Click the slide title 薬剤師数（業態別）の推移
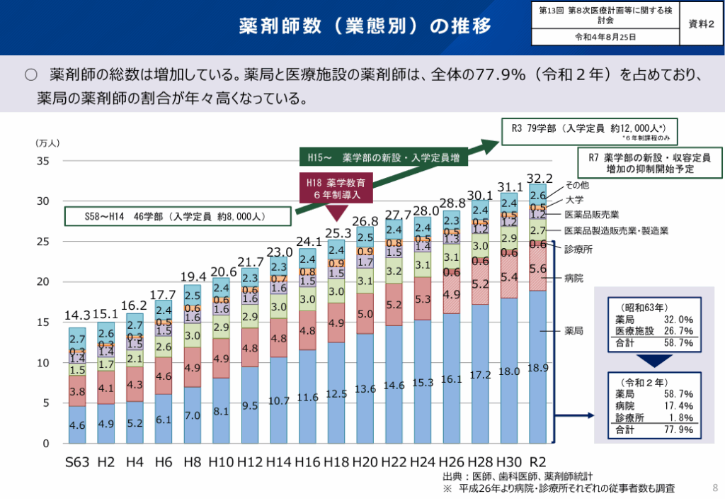[365, 26]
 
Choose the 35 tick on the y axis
[42, 161]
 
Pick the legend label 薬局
[573, 330]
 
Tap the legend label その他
[576, 185]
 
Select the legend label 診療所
[578, 249]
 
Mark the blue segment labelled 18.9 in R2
[538, 368]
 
